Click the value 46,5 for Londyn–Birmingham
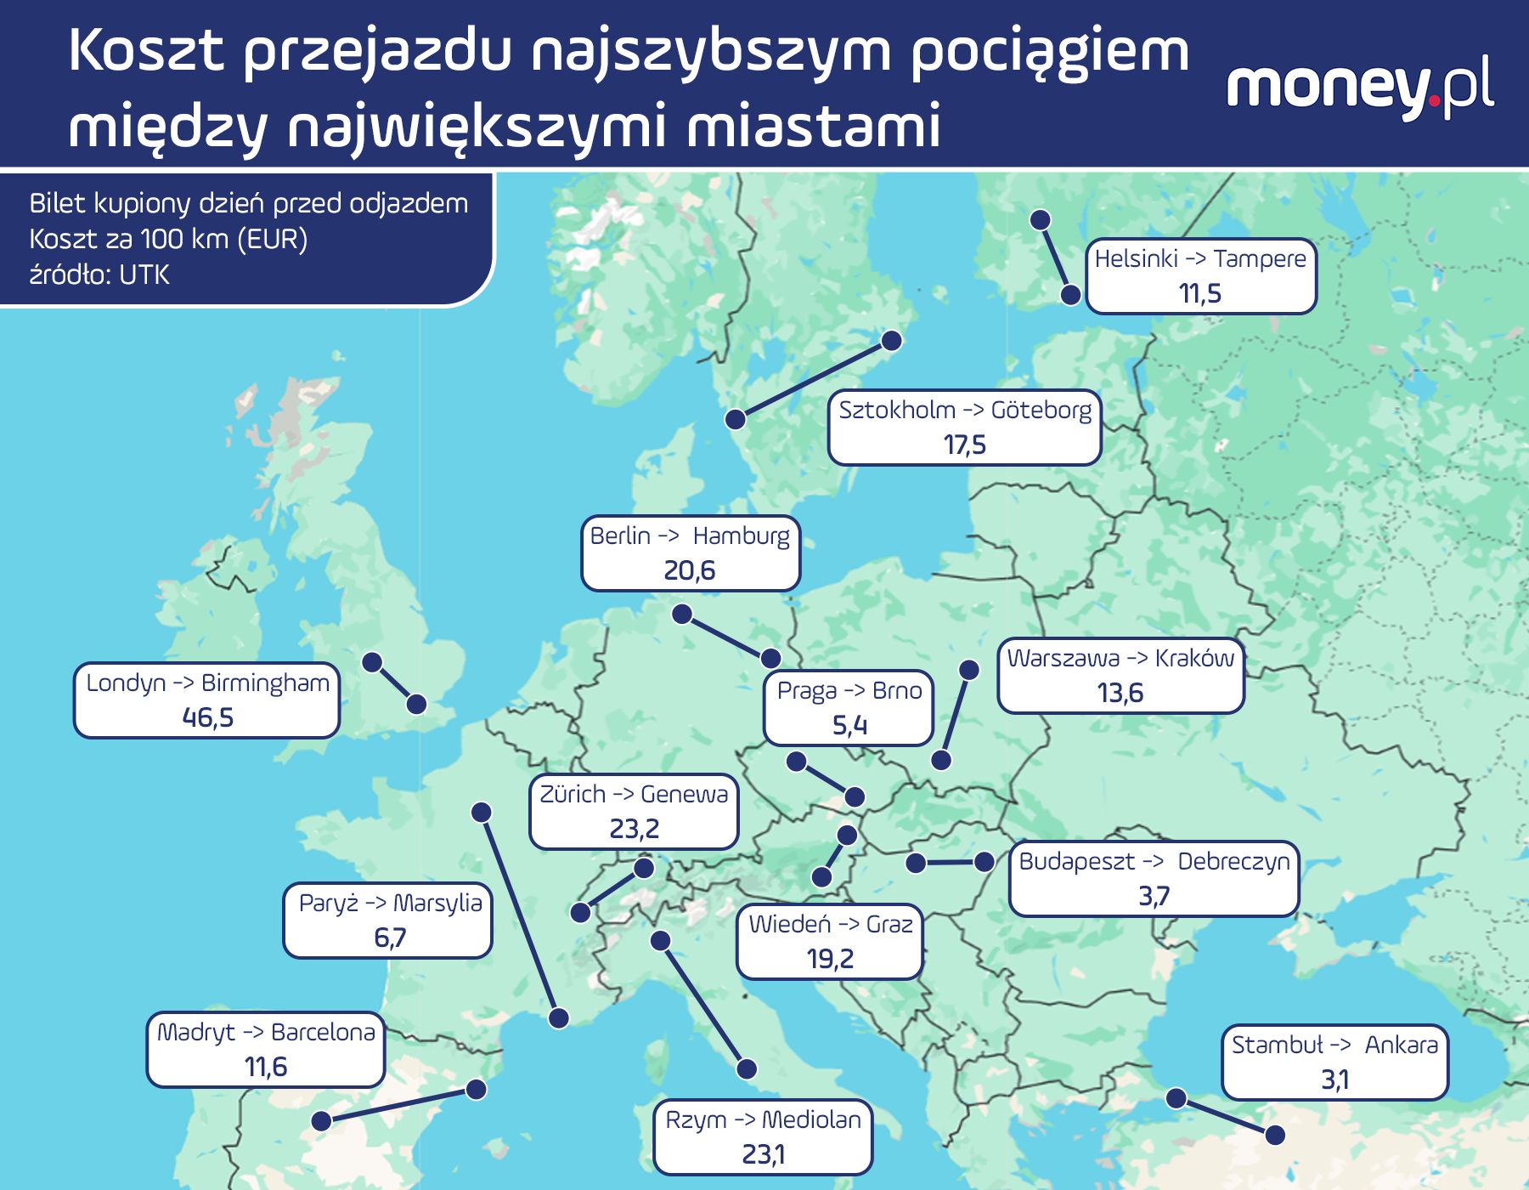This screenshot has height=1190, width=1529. [208, 718]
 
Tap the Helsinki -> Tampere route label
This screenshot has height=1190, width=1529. [1200, 258]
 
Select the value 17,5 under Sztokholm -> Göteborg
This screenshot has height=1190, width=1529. [965, 445]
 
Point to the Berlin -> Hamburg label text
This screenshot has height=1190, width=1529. [690, 536]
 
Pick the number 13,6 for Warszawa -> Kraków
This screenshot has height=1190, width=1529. [1120, 694]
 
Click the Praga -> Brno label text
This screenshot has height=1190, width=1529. [849, 691]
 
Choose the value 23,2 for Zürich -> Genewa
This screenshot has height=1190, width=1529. [635, 829]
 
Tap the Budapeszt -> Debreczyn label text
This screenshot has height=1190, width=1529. [1154, 861]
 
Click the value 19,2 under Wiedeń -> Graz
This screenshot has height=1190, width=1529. [830, 959]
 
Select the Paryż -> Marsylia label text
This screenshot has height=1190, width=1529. [390, 903]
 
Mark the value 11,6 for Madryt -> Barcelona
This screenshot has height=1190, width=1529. [266, 1067]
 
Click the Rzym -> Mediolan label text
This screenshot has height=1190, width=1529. [763, 1120]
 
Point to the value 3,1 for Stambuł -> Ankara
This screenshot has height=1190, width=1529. [1334, 1080]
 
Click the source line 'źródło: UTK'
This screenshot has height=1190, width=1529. [99, 275]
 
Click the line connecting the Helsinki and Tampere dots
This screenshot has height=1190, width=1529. [1056, 258]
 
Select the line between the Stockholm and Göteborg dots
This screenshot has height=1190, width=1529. [813, 380]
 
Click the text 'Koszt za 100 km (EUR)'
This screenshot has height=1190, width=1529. [168, 240]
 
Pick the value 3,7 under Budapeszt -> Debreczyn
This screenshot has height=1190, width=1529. [1154, 896]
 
